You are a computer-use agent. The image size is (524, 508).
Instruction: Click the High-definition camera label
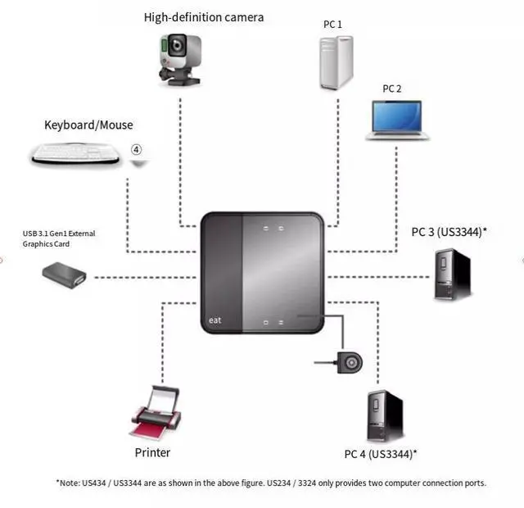click(204, 17)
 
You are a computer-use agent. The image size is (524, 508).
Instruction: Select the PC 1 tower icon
click(333, 59)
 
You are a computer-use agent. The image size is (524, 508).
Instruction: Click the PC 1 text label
click(332, 25)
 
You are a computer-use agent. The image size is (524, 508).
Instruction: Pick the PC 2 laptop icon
click(397, 119)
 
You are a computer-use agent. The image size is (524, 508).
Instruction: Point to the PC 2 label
click(392, 88)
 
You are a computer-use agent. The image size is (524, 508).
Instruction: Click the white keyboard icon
click(75, 152)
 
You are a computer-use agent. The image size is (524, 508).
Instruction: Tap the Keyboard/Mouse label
click(88, 125)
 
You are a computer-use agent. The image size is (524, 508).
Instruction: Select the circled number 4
click(137, 150)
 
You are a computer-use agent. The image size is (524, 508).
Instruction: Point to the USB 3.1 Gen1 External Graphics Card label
click(59, 238)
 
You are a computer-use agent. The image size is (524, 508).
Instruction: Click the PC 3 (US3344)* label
click(449, 232)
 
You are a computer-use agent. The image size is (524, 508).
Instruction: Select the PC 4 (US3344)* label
click(381, 454)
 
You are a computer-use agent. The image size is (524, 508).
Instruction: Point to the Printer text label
click(152, 452)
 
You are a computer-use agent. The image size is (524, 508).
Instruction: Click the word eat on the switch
click(215, 320)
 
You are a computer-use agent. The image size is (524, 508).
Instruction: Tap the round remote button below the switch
click(353, 361)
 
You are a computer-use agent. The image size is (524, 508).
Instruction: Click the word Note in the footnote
click(71, 483)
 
